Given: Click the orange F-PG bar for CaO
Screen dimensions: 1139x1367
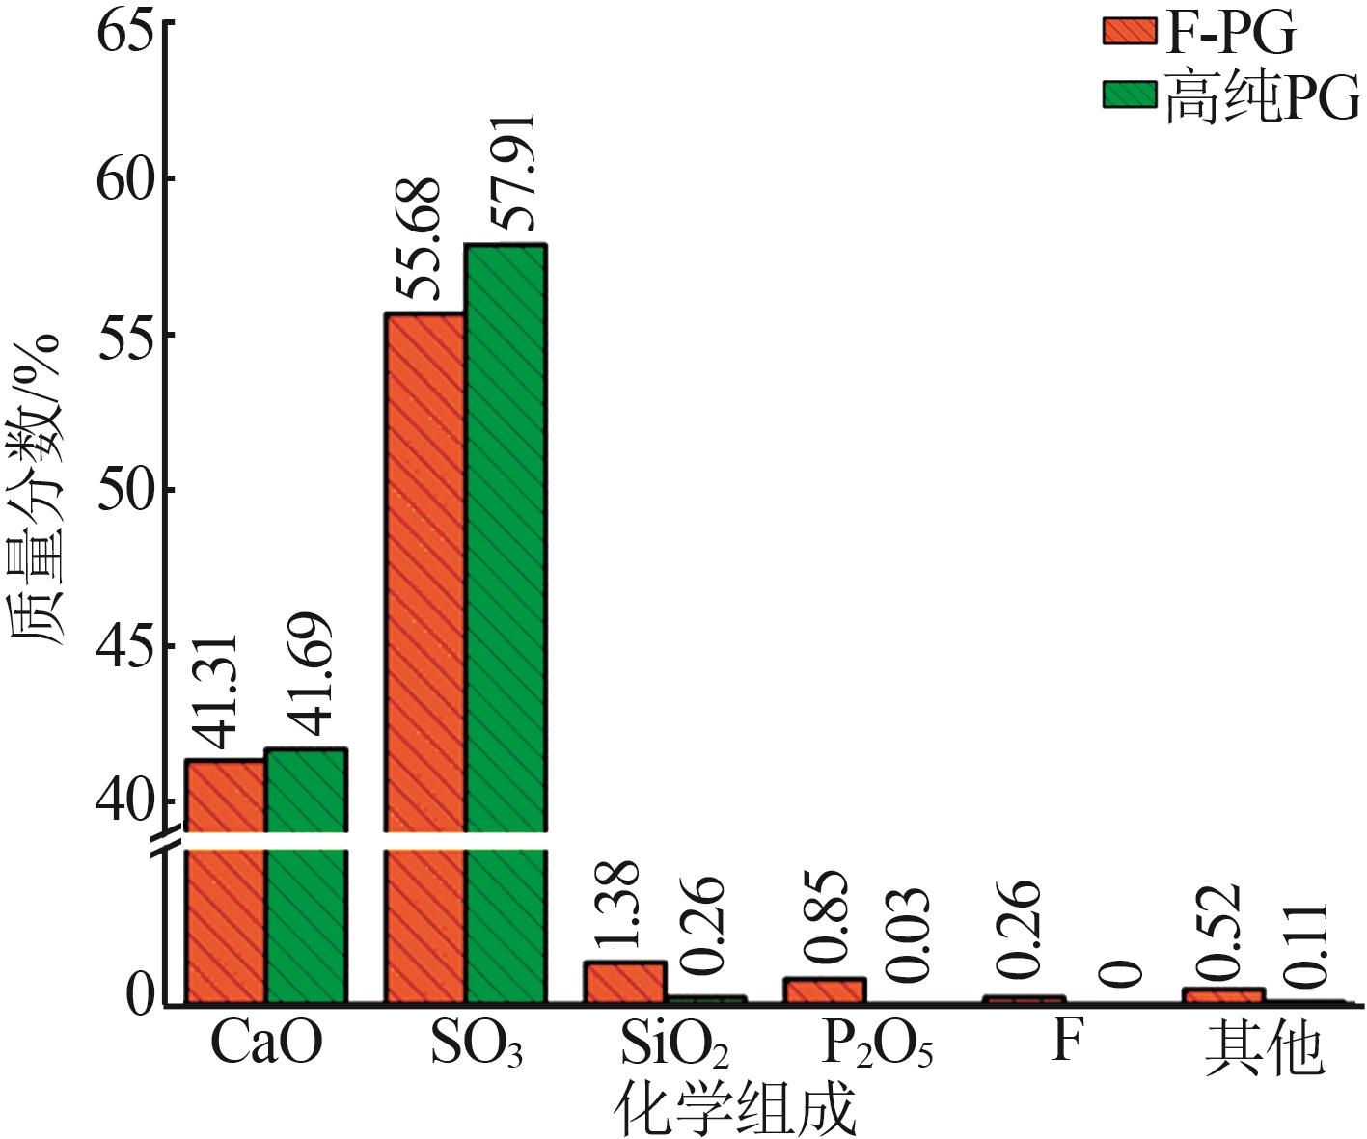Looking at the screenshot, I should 226,882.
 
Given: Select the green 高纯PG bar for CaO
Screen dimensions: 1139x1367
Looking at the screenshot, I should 306,877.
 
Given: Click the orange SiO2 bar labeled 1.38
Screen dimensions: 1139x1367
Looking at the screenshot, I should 625,983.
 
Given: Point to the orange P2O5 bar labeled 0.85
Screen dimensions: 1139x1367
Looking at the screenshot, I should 825,991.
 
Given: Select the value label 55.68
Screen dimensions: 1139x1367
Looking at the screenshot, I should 418,239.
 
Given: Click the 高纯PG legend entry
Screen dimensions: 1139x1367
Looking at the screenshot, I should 1233,97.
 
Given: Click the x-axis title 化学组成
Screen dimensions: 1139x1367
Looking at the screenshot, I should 735,1109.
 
